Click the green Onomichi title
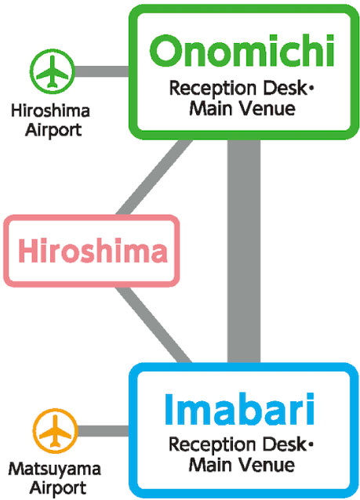pyautogui.click(x=242, y=50)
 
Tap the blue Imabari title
pyautogui.click(x=240, y=409)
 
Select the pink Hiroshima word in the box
pyautogui.click(x=93, y=251)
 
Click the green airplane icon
pyautogui.click(x=53, y=71)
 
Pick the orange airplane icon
pyautogui.click(x=56, y=431)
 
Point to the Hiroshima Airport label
pyautogui.click(x=50, y=121)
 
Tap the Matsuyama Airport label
pyautogui.click(x=55, y=479)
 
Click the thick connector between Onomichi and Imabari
pyautogui.click(x=244, y=251)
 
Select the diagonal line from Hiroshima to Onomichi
pyautogui.click(x=155, y=177)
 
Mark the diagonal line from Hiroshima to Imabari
pyautogui.click(x=154, y=324)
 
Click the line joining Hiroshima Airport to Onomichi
pyautogui.click(x=102, y=71)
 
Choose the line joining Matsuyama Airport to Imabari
pyautogui.click(x=104, y=431)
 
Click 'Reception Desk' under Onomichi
pyautogui.click(x=238, y=89)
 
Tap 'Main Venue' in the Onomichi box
pyautogui.click(x=242, y=108)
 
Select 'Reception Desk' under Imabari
pyautogui.click(x=238, y=444)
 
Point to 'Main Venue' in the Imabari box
pyautogui.click(x=242, y=465)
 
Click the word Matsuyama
pyautogui.click(x=55, y=469)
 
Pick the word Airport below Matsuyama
pyautogui.click(x=58, y=488)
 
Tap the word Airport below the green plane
pyautogui.click(x=53, y=130)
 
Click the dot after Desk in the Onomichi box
pyautogui.click(x=311, y=89)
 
